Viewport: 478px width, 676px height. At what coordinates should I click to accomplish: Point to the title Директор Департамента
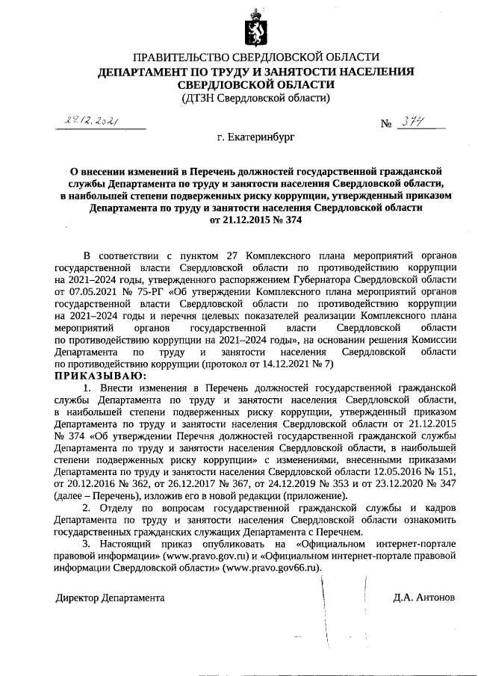111,598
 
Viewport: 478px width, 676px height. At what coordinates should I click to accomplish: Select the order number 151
444,472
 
